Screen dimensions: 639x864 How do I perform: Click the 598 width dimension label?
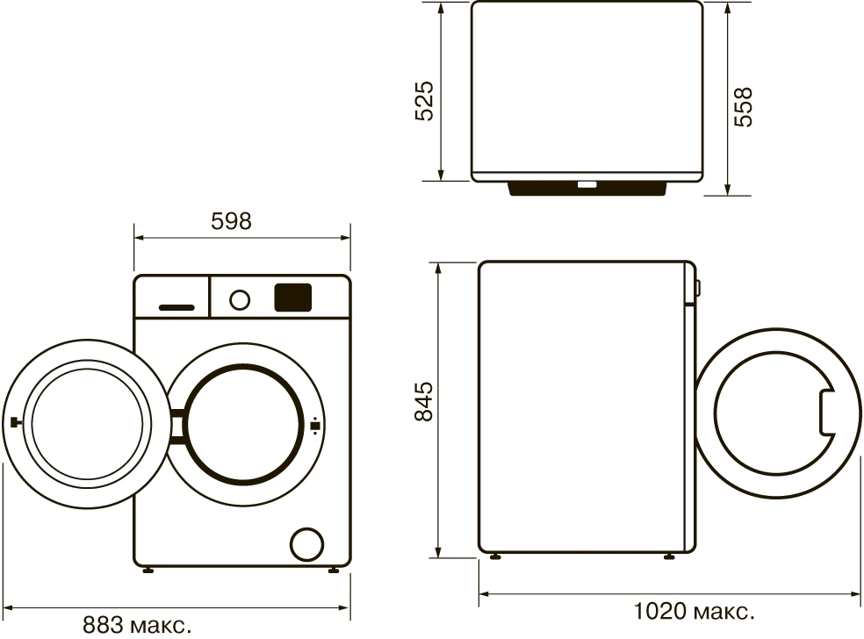coord(231,221)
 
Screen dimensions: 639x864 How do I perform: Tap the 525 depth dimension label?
coord(425,101)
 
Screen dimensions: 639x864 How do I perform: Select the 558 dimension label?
coord(744,106)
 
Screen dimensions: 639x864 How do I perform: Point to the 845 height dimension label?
coord(425,402)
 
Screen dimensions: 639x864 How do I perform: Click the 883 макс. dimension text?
coord(137,626)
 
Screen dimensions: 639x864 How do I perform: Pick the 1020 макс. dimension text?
coord(694,609)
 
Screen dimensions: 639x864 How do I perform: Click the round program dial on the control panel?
coord(239,299)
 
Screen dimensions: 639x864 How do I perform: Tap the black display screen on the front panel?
coord(293,298)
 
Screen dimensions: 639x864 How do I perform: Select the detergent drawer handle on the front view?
coord(176,307)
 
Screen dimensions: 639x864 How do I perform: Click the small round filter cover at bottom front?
coord(306,542)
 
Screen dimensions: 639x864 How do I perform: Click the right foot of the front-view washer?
coord(335,571)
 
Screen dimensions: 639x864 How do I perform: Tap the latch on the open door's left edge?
coord(14,422)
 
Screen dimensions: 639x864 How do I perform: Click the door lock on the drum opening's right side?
coord(314,427)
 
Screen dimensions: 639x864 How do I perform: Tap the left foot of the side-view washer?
coord(496,556)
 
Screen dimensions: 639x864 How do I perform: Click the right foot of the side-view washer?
coord(672,556)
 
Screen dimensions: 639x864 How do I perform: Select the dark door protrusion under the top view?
coord(587,190)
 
